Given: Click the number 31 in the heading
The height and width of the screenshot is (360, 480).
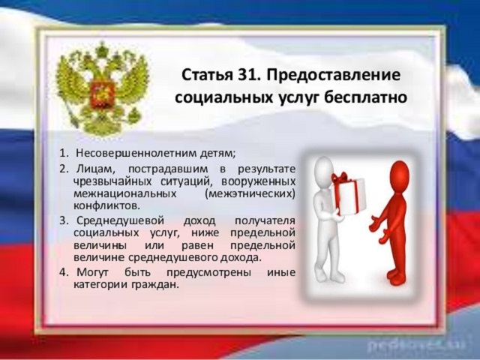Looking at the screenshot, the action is click(248, 75).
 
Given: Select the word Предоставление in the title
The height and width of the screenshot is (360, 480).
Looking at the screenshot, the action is click(333, 76).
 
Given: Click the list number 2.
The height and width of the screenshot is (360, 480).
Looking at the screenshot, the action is click(64, 169).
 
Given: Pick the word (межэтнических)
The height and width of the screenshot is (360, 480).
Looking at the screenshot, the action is click(250, 194).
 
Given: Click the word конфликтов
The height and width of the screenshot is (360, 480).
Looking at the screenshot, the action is click(106, 205).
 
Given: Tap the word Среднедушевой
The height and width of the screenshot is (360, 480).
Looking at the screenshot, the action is click(120, 221).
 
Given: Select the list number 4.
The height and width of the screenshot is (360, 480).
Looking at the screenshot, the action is click(64, 272).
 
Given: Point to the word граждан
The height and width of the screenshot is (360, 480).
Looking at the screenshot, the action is click(155, 285).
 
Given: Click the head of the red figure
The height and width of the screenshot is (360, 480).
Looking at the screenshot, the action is click(399, 173).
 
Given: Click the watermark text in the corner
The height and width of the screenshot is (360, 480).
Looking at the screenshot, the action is click(416, 345).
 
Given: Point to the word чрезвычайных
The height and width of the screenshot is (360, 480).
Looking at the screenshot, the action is click(112, 181).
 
